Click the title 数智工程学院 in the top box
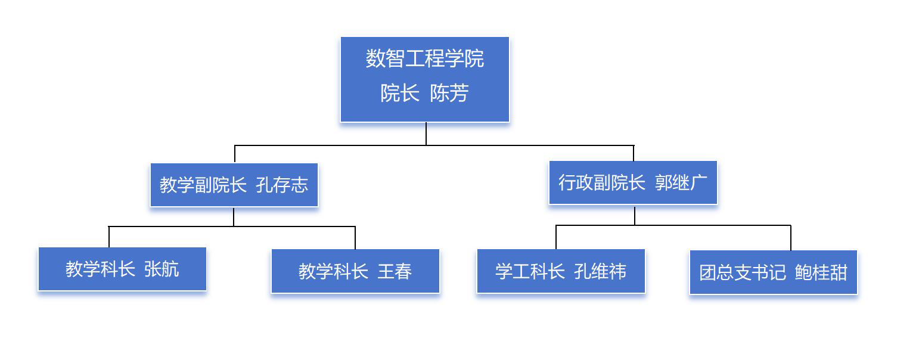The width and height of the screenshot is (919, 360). [424, 58]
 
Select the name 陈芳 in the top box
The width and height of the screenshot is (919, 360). [449, 94]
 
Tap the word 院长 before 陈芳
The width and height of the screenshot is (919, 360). [400, 94]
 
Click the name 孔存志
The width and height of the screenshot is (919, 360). [282, 185]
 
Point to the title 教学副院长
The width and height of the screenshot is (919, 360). [203, 185]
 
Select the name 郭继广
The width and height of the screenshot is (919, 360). [681, 182]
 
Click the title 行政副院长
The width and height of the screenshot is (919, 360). [601, 182]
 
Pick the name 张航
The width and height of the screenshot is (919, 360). [162, 269]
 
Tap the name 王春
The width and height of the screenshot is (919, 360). [395, 272]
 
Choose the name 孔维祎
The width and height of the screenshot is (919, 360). [600, 272]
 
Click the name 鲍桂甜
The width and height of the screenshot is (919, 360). [821, 272]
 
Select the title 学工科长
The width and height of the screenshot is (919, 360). [530, 272]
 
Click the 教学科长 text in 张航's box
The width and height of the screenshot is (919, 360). [100, 269]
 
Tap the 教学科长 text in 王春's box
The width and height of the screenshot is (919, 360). [333, 272]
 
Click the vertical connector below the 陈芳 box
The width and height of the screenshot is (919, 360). [426, 134]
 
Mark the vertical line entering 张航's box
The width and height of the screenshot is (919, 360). [109, 237]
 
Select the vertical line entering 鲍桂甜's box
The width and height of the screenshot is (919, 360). [791, 238]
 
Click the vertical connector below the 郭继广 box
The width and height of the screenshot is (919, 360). [635, 215]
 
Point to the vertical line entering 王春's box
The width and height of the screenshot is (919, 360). [355, 238]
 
